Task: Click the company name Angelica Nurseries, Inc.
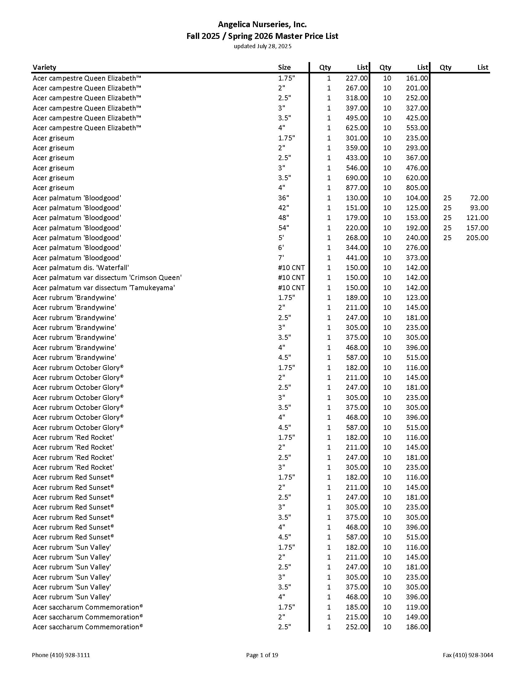point(262,24)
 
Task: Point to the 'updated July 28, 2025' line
point(262,46)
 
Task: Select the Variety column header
point(44,68)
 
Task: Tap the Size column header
point(284,68)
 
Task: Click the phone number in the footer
point(61,655)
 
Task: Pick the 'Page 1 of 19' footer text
point(262,655)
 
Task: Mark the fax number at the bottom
point(468,655)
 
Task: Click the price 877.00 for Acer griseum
point(356,188)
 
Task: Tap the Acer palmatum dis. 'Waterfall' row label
point(81,268)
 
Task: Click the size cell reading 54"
point(283,228)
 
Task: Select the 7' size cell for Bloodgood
point(281,258)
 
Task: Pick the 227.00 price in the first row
point(356,78)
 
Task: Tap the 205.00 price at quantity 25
point(477,238)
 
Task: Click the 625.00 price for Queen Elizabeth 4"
point(356,128)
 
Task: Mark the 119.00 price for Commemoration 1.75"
point(417,607)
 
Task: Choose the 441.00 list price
point(356,258)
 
